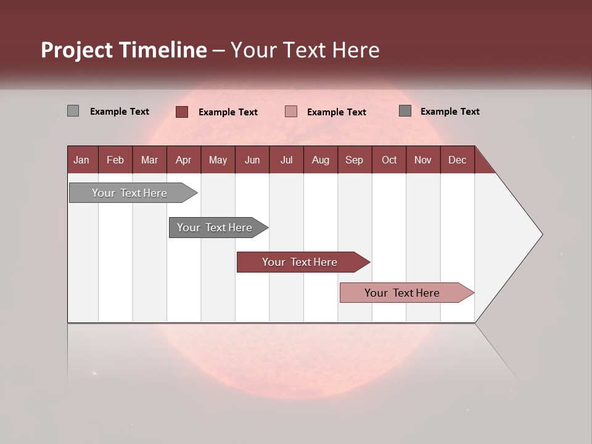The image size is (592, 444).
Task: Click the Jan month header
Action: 81,160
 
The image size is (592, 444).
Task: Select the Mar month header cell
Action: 149,160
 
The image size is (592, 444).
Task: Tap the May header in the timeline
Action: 218,160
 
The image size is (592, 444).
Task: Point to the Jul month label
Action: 286,160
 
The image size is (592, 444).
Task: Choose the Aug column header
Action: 320,160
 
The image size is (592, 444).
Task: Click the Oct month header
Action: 389,160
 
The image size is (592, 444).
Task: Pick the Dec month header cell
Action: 457,160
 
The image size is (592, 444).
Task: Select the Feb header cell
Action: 115,160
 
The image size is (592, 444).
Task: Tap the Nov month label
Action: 422,160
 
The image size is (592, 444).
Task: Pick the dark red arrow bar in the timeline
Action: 300,262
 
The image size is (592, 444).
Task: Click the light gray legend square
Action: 73,111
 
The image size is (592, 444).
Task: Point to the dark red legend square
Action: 181,112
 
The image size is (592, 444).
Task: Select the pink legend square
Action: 291,112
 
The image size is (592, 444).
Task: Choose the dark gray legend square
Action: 405,111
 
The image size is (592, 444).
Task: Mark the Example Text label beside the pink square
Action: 336,112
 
